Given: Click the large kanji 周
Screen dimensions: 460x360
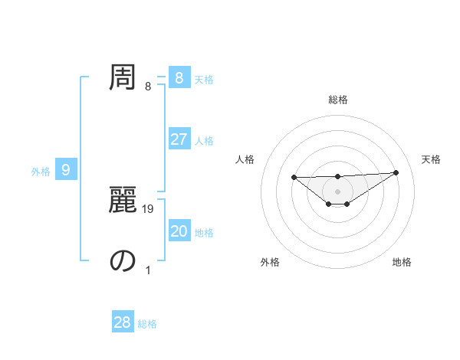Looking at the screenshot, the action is click(x=123, y=77).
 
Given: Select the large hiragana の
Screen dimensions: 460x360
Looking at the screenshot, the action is click(x=123, y=260).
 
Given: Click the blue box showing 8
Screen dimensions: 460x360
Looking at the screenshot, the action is click(x=179, y=78).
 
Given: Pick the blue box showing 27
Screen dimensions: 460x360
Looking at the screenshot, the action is click(x=179, y=139).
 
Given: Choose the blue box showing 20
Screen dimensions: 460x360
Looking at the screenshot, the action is click(x=179, y=231).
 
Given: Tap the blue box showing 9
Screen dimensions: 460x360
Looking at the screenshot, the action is click(x=66, y=170).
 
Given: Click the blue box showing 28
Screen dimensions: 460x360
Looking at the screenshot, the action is click(x=123, y=322).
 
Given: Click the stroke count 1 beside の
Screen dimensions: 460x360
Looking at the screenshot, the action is click(x=148, y=270).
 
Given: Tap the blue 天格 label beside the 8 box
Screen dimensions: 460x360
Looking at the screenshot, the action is click(x=204, y=79).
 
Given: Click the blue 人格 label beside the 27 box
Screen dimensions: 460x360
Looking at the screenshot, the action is click(x=204, y=141).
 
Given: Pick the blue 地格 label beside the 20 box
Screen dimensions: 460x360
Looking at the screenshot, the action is click(x=204, y=233).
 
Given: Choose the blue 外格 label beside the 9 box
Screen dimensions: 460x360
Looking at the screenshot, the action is click(x=41, y=172).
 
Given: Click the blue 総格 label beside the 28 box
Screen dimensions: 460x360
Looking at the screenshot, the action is click(x=147, y=324).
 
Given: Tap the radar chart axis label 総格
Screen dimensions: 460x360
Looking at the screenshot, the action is click(x=337, y=100).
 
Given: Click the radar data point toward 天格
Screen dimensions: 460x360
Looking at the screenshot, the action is click(x=396, y=172).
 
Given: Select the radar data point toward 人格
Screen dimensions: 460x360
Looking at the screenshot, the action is click(x=294, y=177).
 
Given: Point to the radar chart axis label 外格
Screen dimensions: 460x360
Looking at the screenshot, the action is click(x=270, y=262).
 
